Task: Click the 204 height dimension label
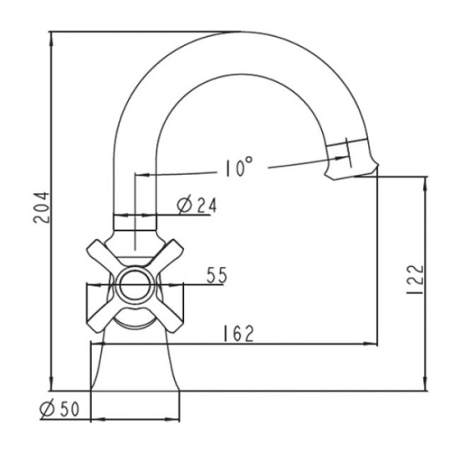point(41,207)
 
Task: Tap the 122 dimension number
point(416,280)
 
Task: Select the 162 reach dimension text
point(238,334)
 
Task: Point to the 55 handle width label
point(217,275)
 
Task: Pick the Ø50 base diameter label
point(59,409)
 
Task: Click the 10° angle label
point(239,167)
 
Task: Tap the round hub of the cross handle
point(135,285)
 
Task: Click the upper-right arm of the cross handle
point(168,254)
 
